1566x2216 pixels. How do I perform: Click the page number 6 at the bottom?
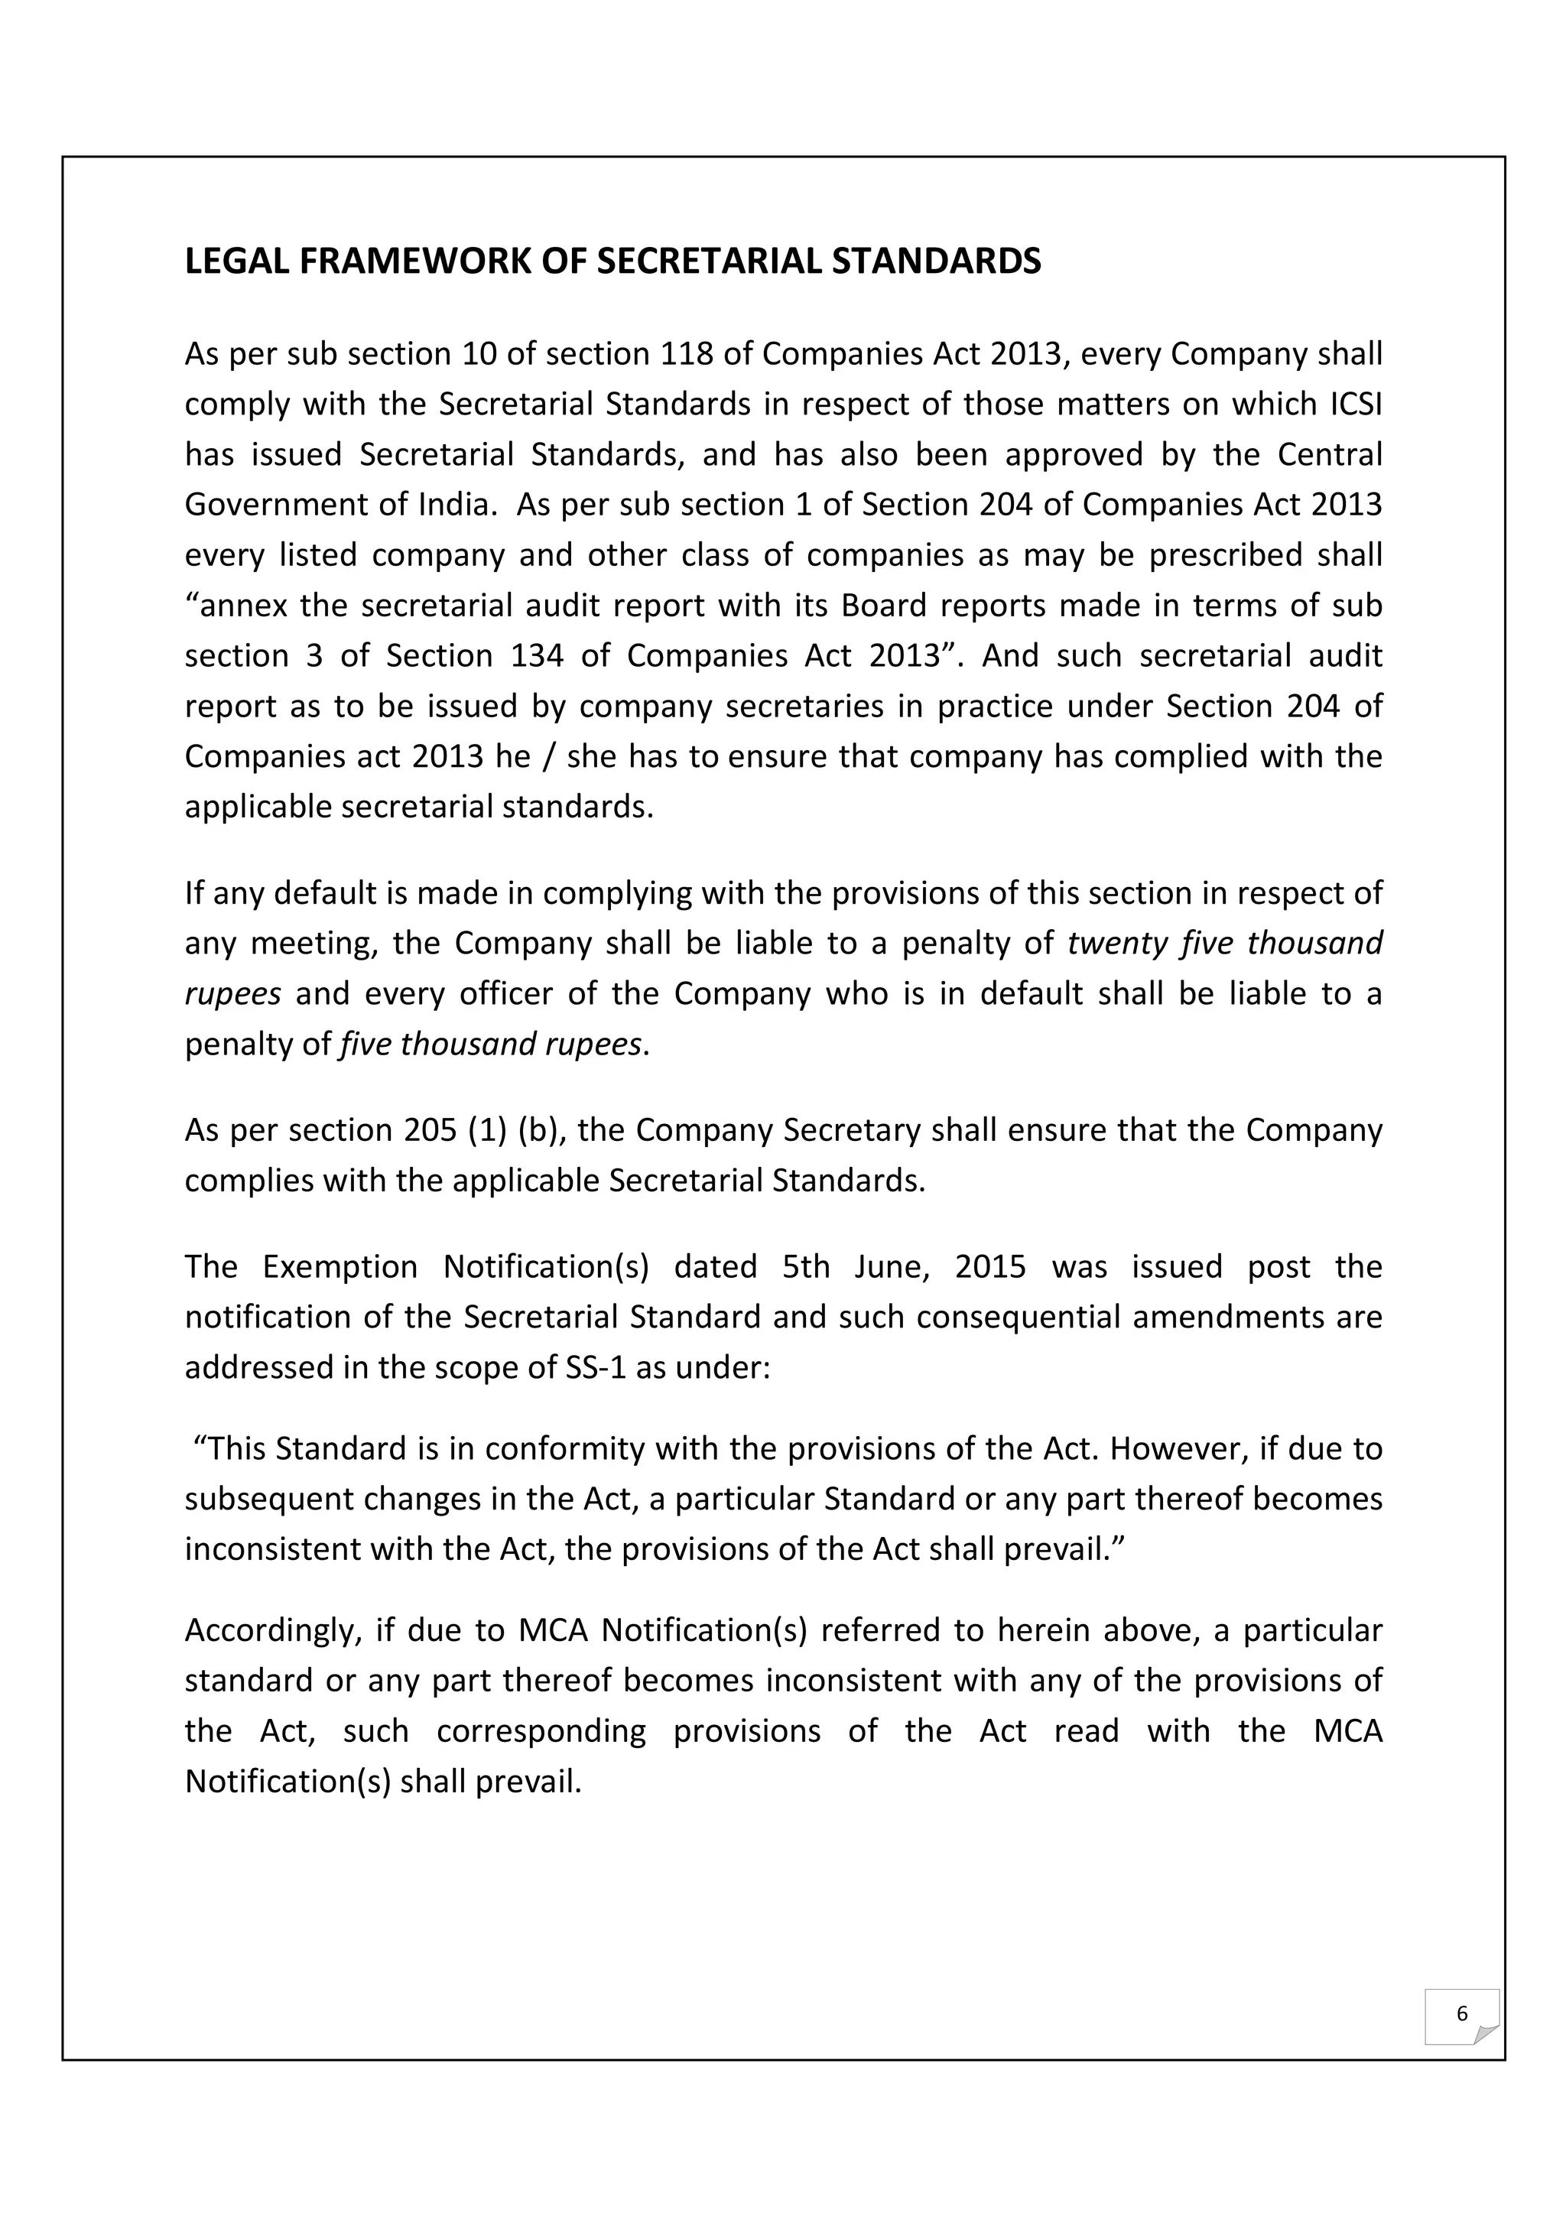[x=1460, y=2013]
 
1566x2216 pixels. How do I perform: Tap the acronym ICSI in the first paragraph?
[x=1356, y=405]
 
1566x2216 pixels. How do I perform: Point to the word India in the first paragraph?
[x=454, y=505]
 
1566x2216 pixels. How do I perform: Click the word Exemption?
[x=339, y=1266]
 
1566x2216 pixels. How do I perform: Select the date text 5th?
[x=806, y=1266]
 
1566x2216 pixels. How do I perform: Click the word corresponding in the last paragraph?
[x=541, y=1730]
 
